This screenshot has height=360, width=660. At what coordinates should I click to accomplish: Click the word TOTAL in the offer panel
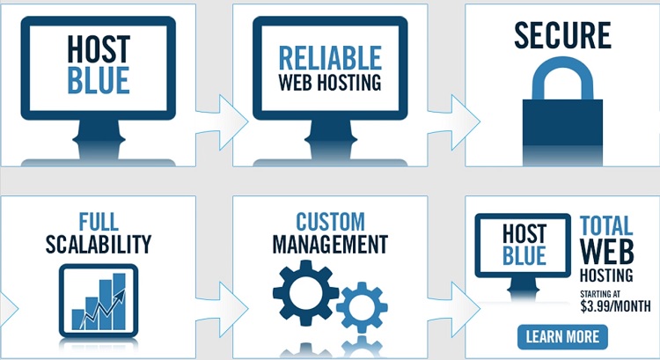[x=607, y=226]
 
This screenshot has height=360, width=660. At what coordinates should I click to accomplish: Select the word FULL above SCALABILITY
[x=98, y=220]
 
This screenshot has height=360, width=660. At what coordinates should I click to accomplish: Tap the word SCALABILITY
[x=97, y=243]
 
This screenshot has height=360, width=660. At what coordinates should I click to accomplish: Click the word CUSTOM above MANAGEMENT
[x=330, y=220]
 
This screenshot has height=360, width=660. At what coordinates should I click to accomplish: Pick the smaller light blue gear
[x=361, y=305]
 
